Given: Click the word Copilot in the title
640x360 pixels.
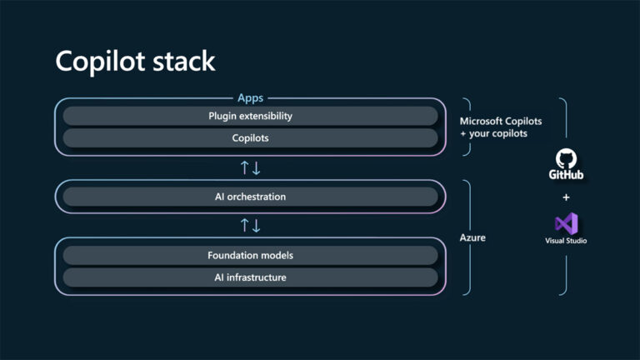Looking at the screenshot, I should (97, 62).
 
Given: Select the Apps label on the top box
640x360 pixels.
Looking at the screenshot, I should (250, 97).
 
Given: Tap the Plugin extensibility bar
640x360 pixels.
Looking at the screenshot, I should (250, 116).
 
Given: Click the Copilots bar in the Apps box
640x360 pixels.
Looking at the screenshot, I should (250, 137).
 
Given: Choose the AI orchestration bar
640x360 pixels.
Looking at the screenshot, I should (250, 197).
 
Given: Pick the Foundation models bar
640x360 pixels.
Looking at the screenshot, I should (250, 255).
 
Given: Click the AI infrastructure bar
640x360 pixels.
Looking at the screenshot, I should (250, 277).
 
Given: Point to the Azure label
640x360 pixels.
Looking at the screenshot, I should (472, 237).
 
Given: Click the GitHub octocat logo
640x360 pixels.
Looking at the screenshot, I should (567, 158).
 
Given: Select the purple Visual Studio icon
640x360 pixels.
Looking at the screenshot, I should (567, 223).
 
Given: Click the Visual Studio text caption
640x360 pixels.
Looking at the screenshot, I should (567, 241).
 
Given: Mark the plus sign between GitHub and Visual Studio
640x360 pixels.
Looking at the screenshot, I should (567, 197).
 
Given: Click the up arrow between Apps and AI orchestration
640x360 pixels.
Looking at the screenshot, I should (244, 167).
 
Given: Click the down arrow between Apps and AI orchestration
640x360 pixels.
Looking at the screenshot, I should (257, 167).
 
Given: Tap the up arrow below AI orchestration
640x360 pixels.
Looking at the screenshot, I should (244, 226).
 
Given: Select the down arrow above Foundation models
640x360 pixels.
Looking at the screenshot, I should (257, 226).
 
